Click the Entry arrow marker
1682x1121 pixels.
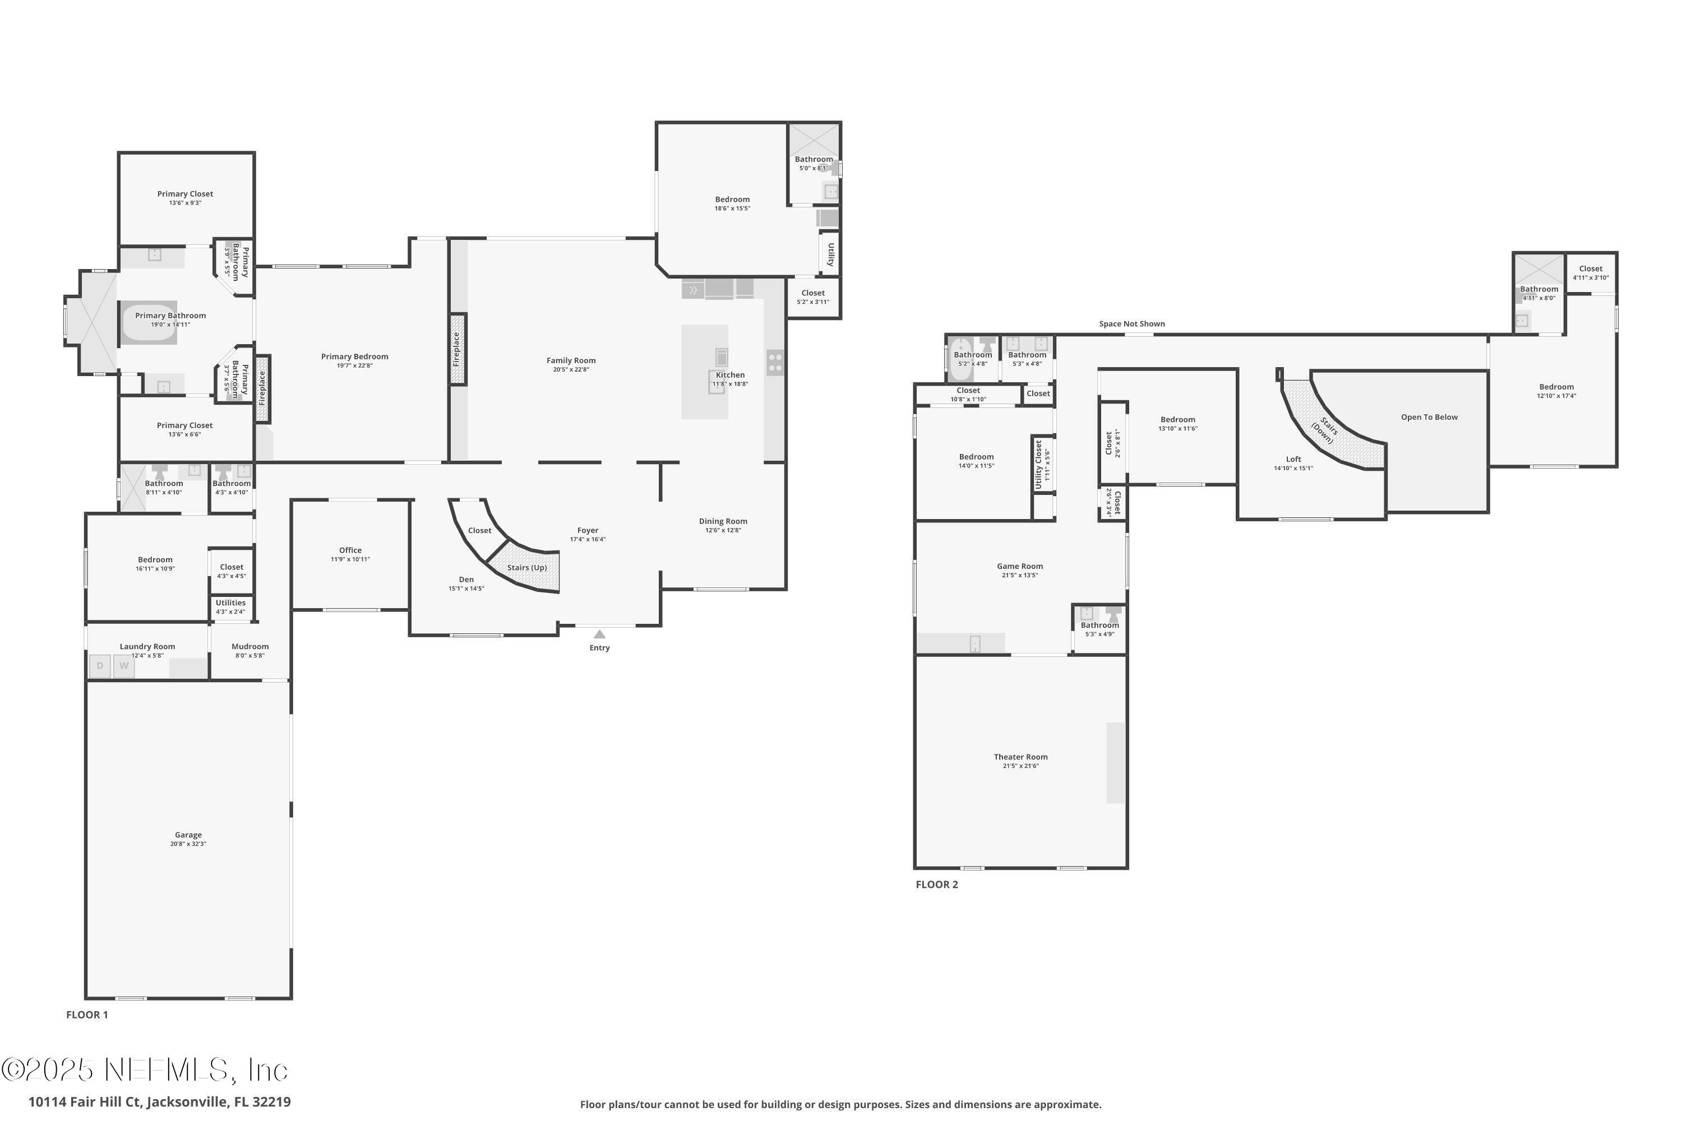599,634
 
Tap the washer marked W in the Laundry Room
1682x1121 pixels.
124,666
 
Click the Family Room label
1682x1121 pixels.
571,361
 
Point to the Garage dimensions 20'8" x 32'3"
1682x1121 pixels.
188,844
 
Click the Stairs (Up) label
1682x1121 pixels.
527,568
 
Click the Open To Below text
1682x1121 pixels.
1429,418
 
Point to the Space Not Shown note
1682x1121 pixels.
1131,324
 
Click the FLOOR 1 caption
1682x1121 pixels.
87,1015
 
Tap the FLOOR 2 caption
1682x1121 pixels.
937,884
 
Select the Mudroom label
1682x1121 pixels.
250,646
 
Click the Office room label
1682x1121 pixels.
350,550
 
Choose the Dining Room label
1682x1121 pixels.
723,521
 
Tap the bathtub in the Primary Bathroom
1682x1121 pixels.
149,323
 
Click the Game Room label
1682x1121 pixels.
1020,566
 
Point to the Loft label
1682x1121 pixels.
1293,460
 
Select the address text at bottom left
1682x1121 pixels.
159,1102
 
